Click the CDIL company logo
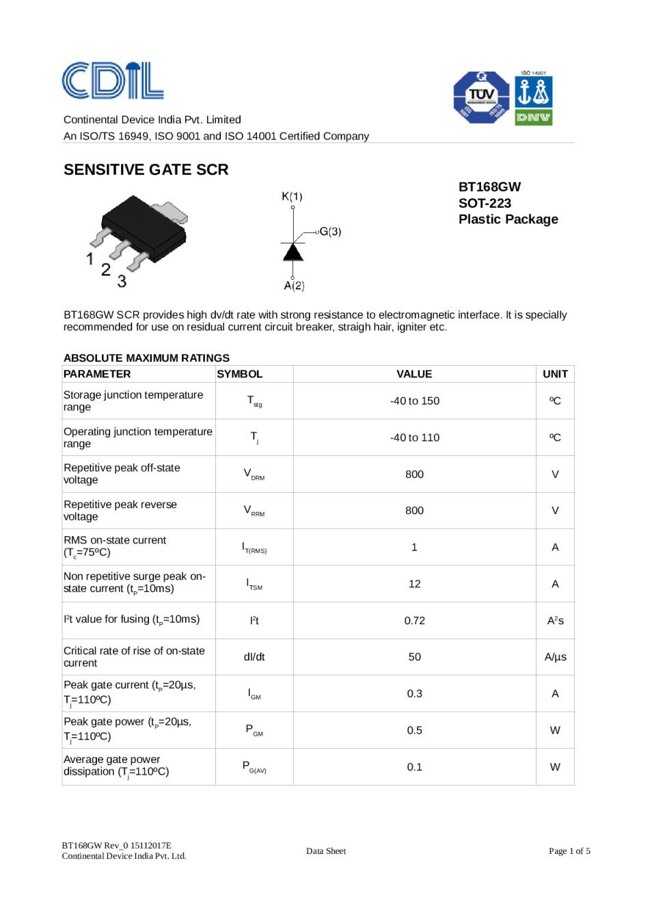tap(113, 81)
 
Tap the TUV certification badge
tap(481, 97)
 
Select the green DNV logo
tap(533, 118)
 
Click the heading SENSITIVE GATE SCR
tap(146, 170)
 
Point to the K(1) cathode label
tap(292, 196)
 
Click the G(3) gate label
tap(330, 232)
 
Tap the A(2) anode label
tap(294, 286)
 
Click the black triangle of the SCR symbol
tap(293, 252)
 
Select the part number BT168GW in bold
tap(489, 187)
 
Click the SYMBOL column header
tap(240, 374)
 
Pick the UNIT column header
tap(555, 374)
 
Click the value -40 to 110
tap(414, 438)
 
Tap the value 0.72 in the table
tap(414, 621)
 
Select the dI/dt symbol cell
tap(254, 657)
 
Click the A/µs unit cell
tap(555, 657)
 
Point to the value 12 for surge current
tap(414, 584)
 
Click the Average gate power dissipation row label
tap(116, 766)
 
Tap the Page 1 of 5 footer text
tap(569, 851)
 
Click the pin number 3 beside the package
tap(122, 281)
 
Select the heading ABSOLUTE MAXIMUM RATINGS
tap(146, 358)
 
